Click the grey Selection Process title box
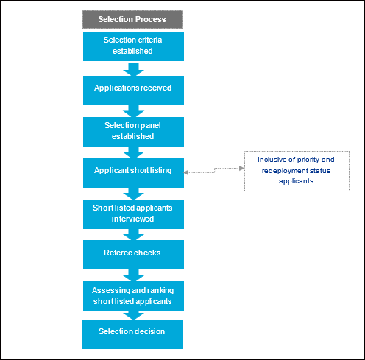[x=132, y=19]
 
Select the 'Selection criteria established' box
[x=133, y=46]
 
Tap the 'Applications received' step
[x=133, y=91]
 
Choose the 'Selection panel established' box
[x=133, y=132]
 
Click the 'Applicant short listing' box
[x=133, y=173]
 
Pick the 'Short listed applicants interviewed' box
[x=133, y=214]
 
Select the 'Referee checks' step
[x=133, y=255]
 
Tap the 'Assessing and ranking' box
[x=133, y=296]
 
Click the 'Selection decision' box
[x=132, y=334]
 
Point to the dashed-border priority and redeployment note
[x=297, y=171]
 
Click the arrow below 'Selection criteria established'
[x=133, y=69]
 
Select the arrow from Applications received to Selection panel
[x=133, y=111]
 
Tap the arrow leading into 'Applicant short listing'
[x=133, y=152]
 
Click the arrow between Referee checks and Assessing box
[x=133, y=275]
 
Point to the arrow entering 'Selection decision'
[x=133, y=316]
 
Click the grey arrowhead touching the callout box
[x=242, y=168]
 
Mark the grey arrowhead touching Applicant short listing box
[x=186, y=172]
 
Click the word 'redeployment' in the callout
[x=285, y=171]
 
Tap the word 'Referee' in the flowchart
[x=116, y=253]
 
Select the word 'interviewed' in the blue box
[x=132, y=219]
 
